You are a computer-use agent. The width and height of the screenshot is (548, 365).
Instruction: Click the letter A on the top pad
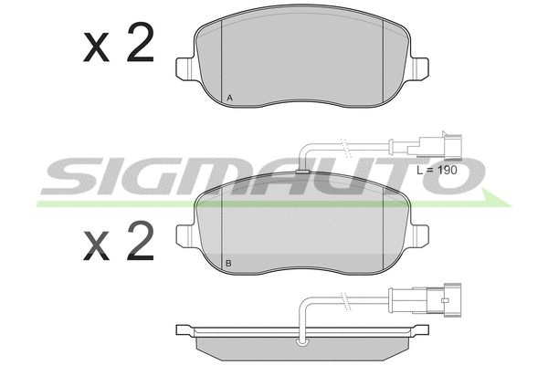coord(229,98)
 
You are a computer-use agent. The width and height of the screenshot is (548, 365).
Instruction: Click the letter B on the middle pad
coord(228,264)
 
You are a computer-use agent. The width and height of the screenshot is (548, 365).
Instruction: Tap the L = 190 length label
coord(437,170)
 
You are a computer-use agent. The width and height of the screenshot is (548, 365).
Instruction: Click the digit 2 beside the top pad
coord(140,43)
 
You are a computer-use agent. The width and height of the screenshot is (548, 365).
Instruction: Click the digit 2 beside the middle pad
coord(140,241)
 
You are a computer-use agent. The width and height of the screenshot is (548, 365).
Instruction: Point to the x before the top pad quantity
coord(96,47)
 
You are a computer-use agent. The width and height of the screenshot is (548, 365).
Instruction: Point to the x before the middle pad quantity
coord(96,245)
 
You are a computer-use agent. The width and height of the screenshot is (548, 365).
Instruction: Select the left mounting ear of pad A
coord(184,68)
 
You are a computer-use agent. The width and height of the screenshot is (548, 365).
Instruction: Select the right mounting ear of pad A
coord(419,68)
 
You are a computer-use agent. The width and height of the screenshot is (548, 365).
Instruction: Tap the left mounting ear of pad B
coord(184,235)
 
